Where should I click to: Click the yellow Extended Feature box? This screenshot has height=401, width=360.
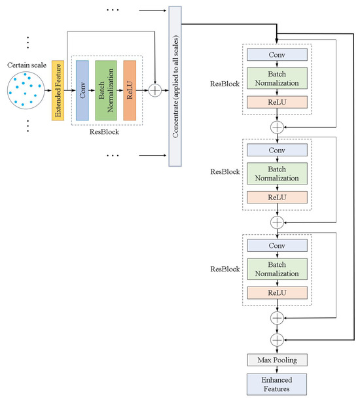(x=58, y=90)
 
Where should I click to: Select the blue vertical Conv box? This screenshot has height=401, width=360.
(x=82, y=90)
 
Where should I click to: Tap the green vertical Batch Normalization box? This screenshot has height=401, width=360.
(x=105, y=90)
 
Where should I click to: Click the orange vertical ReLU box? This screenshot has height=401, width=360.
(x=129, y=90)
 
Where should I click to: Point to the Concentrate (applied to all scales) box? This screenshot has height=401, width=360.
(x=175, y=85)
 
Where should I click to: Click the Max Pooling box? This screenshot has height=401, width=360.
(x=277, y=360)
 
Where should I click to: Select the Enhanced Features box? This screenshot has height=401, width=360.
(x=277, y=384)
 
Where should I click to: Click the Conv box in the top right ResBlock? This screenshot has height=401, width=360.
(x=277, y=54)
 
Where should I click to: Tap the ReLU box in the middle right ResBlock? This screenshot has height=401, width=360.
(x=277, y=197)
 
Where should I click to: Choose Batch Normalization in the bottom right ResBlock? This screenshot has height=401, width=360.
(x=277, y=267)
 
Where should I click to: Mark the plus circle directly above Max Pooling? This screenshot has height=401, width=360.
(x=277, y=339)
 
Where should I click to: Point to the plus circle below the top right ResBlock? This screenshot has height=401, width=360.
(x=277, y=127)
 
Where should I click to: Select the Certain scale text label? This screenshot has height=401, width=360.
(x=26, y=65)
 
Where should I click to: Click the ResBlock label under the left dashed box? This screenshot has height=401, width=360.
(x=105, y=130)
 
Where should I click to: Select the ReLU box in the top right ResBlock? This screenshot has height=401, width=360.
(x=277, y=103)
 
